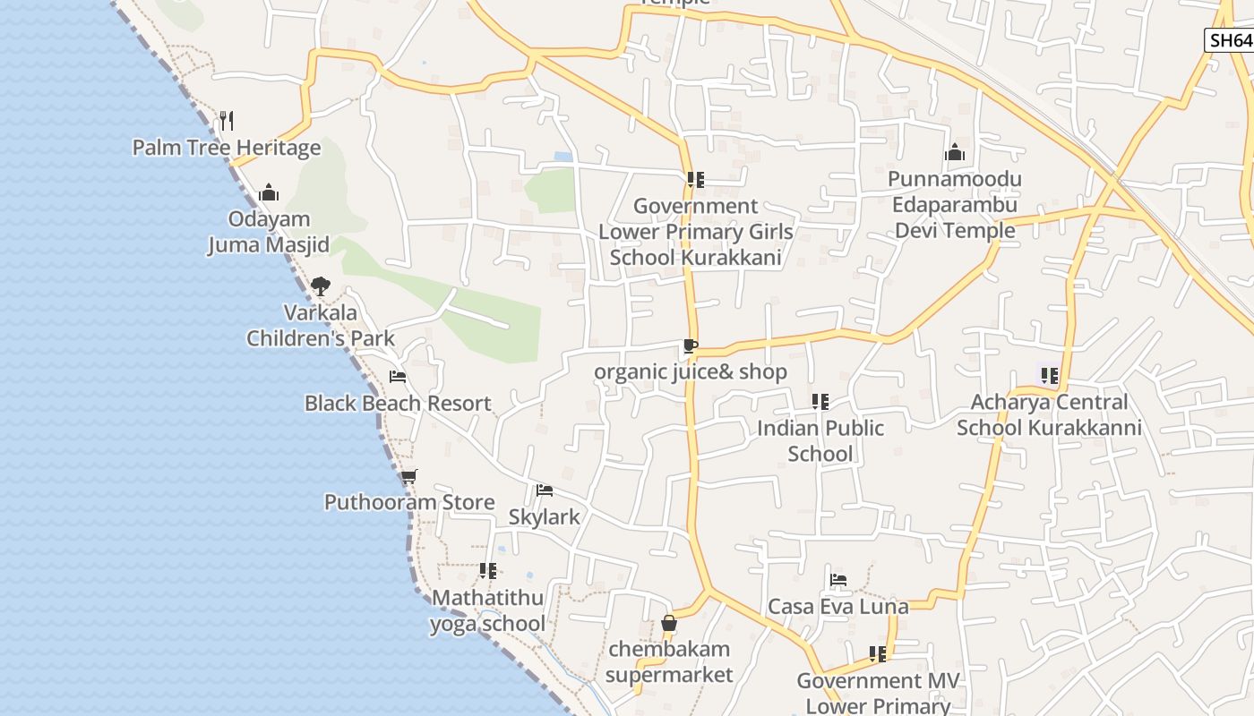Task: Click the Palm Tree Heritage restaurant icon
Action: pyautogui.click(x=227, y=120)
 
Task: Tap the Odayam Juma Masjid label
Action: pyautogui.click(x=269, y=232)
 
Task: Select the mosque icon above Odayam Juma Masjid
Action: pyautogui.click(x=269, y=192)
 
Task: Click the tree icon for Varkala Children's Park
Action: pyautogui.click(x=321, y=286)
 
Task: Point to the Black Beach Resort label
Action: pyautogui.click(x=398, y=403)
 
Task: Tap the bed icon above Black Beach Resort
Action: pyautogui.click(x=398, y=377)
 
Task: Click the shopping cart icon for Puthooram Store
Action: pyautogui.click(x=409, y=476)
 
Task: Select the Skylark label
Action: pyautogui.click(x=544, y=516)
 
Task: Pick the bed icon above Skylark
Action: pyautogui.click(x=544, y=490)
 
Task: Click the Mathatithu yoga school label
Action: pyautogui.click(x=488, y=610)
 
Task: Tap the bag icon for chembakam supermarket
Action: pyautogui.click(x=669, y=623)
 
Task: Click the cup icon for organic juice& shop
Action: pyautogui.click(x=690, y=345)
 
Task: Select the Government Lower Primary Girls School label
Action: pyautogui.click(x=695, y=232)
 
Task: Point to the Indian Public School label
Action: pyautogui.click(x=820, y=440)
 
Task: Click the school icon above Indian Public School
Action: pyautogui.click(x=820, y=402)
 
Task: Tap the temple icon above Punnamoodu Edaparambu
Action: pyautogui.click(x=955, y=152)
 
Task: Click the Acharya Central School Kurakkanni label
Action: pyautogui.click(x=1049, y=414)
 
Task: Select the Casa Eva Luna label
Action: pyautogui.click(x=838, y=606)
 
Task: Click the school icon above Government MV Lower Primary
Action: pyautogui.click(x=878, y=654)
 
